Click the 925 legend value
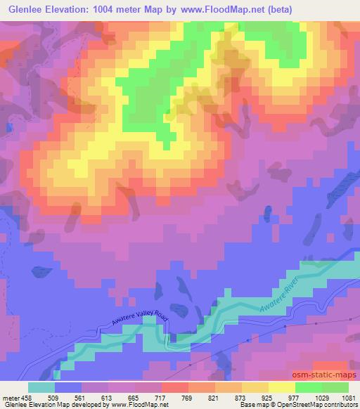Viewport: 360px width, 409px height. tap(268, 396)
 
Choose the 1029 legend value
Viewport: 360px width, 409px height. tap(321, 396)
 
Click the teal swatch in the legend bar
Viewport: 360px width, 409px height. tap(41, 387)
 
